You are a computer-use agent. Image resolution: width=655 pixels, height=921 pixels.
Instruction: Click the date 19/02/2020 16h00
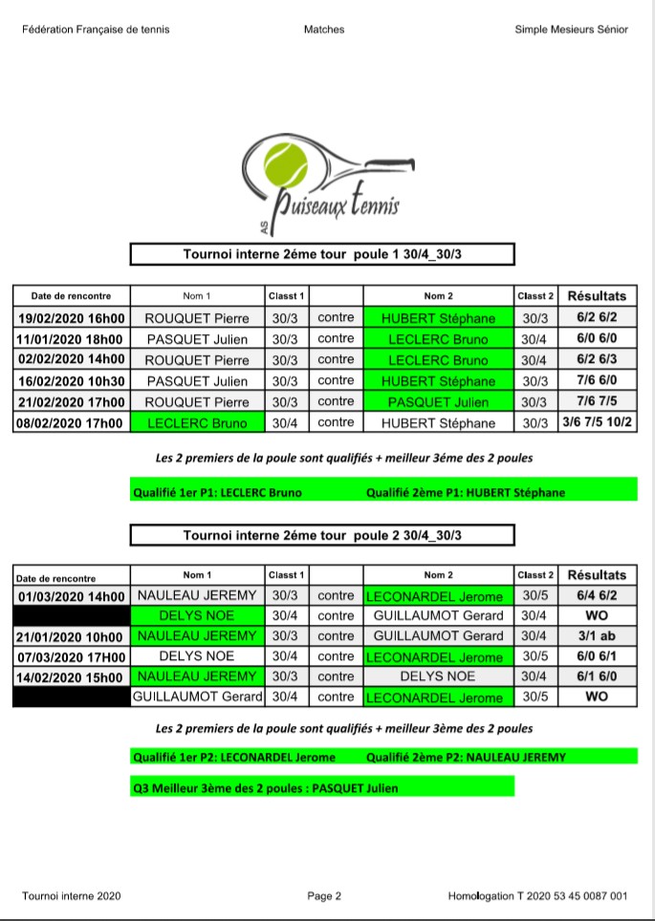(x=72, y=318)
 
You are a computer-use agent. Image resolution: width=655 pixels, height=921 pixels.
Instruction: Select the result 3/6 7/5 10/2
(x=597, y=422)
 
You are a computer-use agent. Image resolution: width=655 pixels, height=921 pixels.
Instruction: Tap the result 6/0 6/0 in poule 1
(x=597, y=339)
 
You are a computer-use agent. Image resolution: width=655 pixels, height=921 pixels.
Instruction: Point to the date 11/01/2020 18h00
(x=72, y=339)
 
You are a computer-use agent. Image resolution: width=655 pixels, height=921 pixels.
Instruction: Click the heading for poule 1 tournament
(x=322, y=254)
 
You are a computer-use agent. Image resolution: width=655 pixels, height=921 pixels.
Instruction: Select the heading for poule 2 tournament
(x=322, y=535)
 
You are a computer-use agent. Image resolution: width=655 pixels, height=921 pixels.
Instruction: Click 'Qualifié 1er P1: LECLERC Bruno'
(x=218, y=493)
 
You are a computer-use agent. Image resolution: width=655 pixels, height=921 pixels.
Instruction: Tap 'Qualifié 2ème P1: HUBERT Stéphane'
(x=466, y=493)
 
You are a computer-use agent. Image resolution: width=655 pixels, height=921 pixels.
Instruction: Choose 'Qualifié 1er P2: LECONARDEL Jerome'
(x=234, y=758)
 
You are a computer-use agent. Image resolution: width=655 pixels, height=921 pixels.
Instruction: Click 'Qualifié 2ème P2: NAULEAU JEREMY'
(x=466, y=758)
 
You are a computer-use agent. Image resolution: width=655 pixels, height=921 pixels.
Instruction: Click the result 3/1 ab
(x=597, y=636)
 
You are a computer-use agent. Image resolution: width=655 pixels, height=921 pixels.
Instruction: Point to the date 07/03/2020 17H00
(x=72, y=657)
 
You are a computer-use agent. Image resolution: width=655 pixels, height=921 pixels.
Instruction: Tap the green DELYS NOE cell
(x=196, y=616)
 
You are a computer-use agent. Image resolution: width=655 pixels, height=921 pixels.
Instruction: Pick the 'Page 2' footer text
(x=324, y=896)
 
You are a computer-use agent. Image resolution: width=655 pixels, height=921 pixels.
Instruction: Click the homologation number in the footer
(x=537, y=896)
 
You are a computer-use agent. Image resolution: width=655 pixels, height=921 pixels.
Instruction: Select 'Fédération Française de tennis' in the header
(x=96, y=30)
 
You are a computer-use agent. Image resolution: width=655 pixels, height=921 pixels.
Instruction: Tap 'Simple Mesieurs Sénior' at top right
(x=571, y=30)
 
